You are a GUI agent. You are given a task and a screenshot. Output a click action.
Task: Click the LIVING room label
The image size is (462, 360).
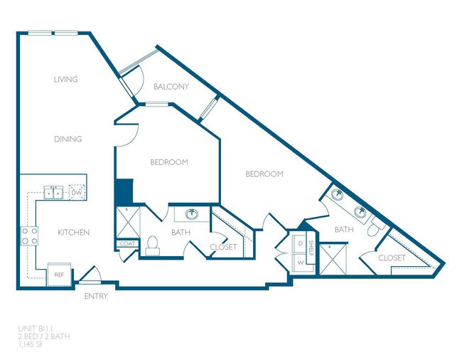(x=65, y=79)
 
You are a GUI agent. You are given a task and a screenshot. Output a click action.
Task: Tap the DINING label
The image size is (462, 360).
(x=68, y=139)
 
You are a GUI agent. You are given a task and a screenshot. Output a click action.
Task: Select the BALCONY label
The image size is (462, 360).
(x=171, y=87)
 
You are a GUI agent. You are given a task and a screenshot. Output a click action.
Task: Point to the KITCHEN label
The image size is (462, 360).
(x=74, y=233)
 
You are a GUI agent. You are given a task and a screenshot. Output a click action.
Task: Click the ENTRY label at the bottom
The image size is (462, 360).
(x=96, y=296)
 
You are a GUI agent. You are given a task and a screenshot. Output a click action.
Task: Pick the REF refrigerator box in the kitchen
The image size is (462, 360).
(x=57, y=275)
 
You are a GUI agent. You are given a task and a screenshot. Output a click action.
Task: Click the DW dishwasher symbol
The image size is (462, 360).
(x=77, y=192)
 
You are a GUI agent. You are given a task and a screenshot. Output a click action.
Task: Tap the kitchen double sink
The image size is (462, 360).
(x=53, y=192)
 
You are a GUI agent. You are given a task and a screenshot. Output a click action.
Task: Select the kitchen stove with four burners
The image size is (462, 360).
(x=28, y=235)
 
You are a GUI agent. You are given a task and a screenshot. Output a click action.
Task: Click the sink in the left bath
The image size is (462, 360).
(x=191, y=213)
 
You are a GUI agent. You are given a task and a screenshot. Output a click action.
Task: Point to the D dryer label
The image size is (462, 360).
(x=299, y=244)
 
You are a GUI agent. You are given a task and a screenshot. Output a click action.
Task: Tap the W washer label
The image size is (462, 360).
(x=299, y=263)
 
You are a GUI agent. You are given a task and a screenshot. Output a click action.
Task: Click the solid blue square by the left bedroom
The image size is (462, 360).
(x=124, y=191)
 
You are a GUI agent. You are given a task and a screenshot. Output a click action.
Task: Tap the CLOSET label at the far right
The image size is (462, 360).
(x=392, y=258)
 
